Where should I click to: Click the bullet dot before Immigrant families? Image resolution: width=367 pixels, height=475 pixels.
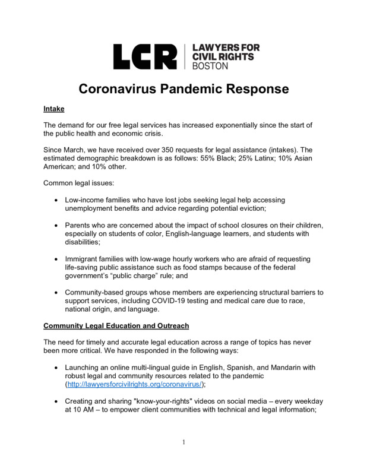56,259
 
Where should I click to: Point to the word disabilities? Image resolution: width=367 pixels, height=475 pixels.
83,242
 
